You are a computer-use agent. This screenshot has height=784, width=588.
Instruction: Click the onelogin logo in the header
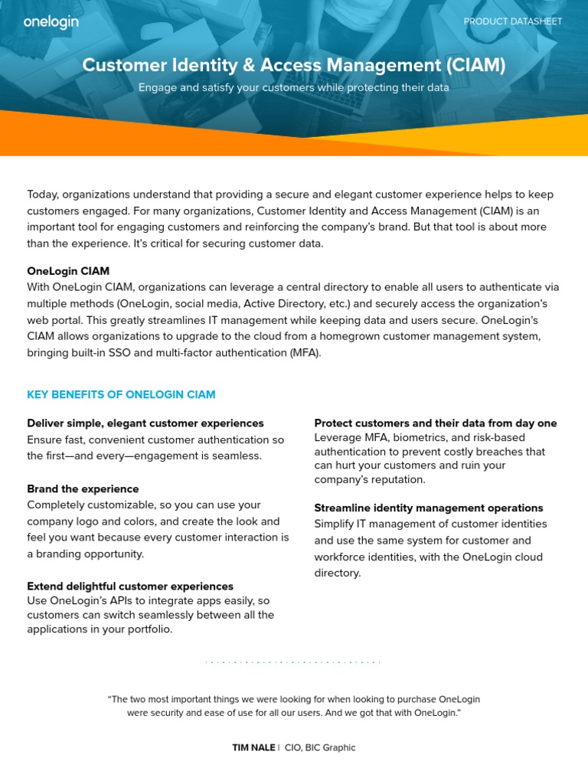coord(51,21)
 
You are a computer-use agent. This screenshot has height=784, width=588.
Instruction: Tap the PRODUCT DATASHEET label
coord(513,21)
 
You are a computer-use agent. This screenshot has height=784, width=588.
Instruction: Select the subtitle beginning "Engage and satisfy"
coord(293,87)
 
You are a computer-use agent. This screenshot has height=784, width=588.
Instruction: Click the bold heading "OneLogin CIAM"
coord(68,271)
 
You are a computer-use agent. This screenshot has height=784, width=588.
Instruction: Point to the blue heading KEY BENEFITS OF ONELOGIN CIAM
coord(121,394)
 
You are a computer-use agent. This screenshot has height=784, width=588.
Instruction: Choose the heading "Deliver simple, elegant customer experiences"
coord(145,423)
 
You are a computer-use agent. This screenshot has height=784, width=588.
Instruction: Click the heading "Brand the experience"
coord(83,488)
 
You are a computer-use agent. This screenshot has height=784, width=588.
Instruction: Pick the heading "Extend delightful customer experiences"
coord(130,586)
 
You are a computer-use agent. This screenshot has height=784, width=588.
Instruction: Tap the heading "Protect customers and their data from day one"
coord(436,423)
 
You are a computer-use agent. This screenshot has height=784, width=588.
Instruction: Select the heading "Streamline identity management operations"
coord(429,508)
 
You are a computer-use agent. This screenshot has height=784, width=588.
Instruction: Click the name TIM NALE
coord(253,747)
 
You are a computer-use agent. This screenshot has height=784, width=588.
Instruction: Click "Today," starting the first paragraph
coord(43,194)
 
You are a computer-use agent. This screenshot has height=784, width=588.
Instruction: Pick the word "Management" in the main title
coord(382,66)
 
